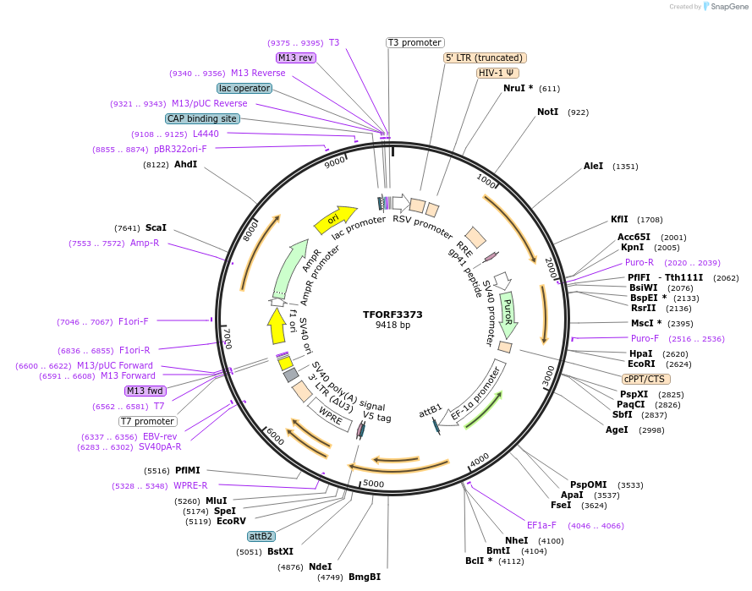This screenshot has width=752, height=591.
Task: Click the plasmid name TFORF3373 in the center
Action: coord(392,314)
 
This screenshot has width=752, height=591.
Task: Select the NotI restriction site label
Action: coord(547,112)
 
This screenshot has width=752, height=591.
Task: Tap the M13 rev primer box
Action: coord(295,57)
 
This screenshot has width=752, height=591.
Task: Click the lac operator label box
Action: coord(244,88)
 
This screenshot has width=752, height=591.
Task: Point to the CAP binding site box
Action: coord(203,119)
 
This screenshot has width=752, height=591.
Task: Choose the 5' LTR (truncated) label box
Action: coord(485,57)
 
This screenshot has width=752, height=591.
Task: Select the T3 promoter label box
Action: coord(415,42)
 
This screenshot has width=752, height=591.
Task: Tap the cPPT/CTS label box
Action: coord(645,379)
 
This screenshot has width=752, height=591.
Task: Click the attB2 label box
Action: coord(261,536)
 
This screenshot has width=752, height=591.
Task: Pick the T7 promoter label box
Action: coord(147,421)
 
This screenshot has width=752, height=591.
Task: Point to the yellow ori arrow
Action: coord(335,219)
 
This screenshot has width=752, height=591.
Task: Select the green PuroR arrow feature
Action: coord(508,314)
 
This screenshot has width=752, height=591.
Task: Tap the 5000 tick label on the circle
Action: coord(373,484)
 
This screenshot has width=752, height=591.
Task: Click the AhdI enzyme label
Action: coord(185,165)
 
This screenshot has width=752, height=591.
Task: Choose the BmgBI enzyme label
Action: coord(365,577)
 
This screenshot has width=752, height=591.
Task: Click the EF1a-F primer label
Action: coord(541,525)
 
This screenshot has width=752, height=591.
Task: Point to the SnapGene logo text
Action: coord(728,7)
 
